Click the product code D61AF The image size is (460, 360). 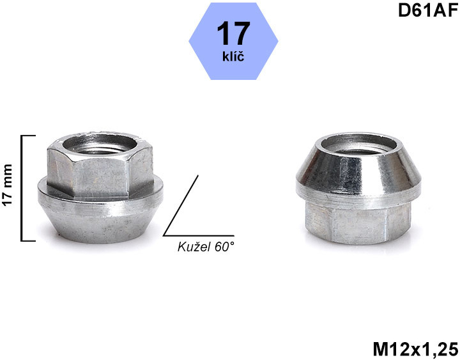point(428,11)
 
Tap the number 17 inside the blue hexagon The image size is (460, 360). point(234,33)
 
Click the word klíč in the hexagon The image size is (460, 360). point(233,56)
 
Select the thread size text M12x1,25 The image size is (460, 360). point(415,349)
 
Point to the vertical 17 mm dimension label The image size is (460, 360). point(8,185)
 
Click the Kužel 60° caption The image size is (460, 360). point(206,247)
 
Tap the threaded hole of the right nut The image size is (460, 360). point(358,146)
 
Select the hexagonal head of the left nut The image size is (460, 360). point(100,166)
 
